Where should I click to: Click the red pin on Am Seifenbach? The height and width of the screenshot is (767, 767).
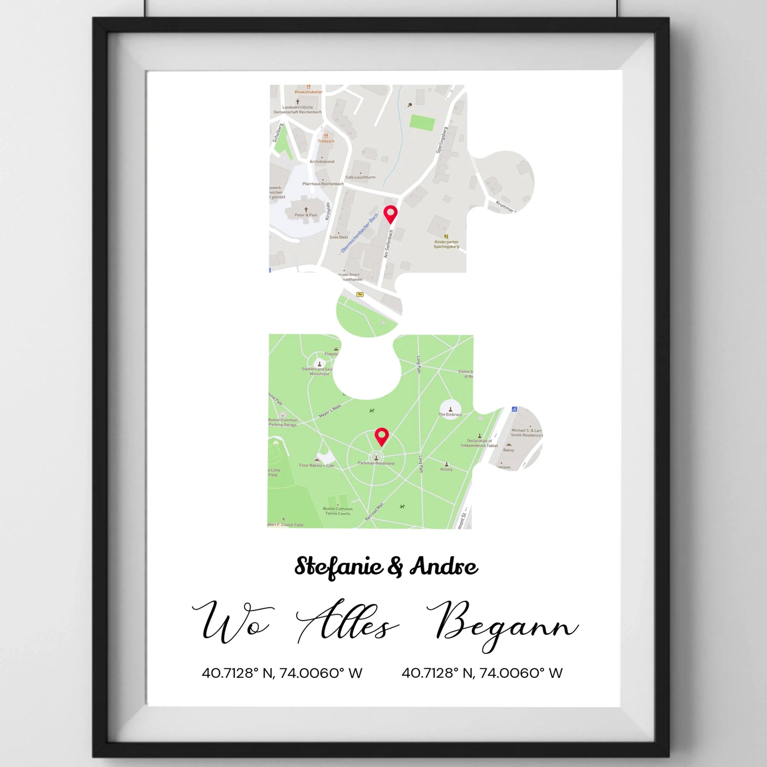point(391,213)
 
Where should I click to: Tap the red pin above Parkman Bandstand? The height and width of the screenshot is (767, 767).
point(382,436)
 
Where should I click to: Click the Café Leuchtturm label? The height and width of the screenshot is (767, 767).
point(360,177)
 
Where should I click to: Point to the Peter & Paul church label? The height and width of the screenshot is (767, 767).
point(306,215)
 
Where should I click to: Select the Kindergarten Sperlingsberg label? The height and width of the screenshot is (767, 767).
point(446,244)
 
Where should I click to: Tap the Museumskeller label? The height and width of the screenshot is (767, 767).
point(308,92)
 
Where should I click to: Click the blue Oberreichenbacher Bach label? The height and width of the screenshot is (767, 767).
point(360,232)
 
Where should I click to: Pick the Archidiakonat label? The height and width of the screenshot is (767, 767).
point(322,161)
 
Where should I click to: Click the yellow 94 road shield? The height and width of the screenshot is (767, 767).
point(359,294)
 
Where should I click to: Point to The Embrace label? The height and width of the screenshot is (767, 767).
point(450,415)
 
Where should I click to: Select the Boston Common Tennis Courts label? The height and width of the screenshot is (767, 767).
point(338,511)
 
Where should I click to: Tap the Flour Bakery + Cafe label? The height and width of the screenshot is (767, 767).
point(317,466)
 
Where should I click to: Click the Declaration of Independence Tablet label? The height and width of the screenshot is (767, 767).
point(479,443)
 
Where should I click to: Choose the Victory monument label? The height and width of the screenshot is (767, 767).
point(446,469)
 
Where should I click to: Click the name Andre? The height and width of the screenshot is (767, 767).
point(443,567)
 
